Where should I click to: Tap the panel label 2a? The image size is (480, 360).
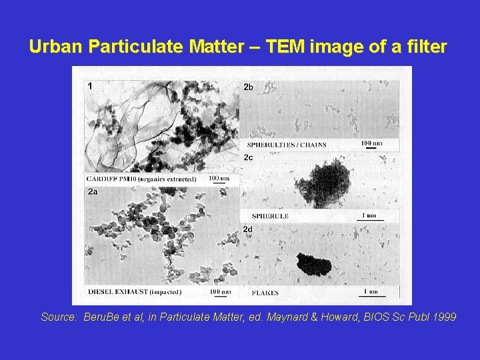point(93,192)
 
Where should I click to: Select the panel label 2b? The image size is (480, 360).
point(248,87)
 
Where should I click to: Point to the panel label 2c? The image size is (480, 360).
point(248,157)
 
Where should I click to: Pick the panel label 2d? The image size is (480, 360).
point(248,229)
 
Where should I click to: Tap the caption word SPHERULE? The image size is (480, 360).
point(269,216)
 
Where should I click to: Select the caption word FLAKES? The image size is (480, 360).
point(265,293)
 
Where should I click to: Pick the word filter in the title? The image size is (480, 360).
point(427,47)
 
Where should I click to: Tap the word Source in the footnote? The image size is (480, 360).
point(59,317)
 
